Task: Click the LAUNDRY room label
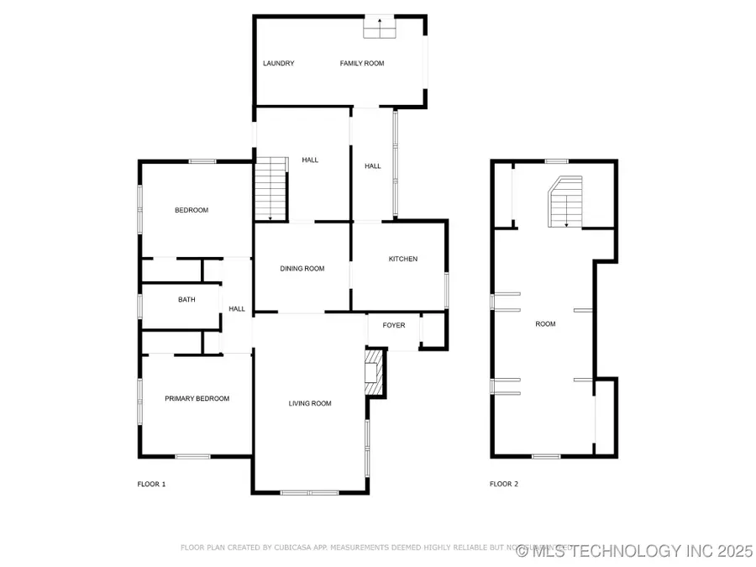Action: pos(278,63)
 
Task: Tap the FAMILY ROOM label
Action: pos(362,63)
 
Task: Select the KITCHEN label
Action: pos(402,259)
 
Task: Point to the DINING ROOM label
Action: pos(302,269)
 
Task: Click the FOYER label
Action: pos(394,325)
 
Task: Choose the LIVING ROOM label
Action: pos(310,403)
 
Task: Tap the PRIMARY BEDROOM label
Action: pos(197,398)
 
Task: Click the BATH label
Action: pos(186,299)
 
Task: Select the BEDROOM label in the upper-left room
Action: pos(192,210)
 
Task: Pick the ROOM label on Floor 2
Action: pos(545,323)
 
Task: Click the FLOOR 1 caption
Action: pos(151,484)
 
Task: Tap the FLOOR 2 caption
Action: pos(504,484)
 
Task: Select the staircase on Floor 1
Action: pos(270,189)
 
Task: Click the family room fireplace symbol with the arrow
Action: pos(378,28)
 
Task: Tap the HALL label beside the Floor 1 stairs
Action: pos(310,160)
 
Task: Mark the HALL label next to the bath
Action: pos(237,309)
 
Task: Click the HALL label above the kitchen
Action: pos(373,166)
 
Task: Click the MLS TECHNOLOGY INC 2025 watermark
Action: pos(635,551)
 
